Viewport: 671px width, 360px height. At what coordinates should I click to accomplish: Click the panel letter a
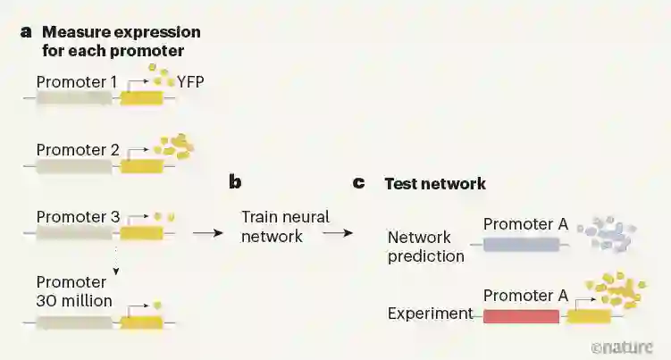(x=26, y=31)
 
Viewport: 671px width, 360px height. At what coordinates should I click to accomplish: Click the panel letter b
(x=236, y=183)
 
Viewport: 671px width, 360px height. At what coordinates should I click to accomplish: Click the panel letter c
(x=359, y=183)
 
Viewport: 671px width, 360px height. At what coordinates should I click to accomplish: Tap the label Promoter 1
(x=77, y=82)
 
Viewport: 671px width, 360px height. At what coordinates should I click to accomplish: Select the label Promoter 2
(x=78, y=149)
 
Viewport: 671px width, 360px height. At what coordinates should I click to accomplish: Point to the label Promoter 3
(x=78, y=216)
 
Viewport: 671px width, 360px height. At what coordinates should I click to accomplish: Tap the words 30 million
(x=74, y=300)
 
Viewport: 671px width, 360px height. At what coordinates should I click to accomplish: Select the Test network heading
(x=435, y=184)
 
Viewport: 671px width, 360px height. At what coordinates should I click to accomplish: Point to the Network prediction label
(x=425, y=247)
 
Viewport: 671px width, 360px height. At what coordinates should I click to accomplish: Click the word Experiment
(x=430, y=314)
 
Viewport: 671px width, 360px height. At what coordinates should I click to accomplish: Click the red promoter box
(x=521, y=315)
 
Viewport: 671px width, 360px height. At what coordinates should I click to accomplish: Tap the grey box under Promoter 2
(x=74, y=165)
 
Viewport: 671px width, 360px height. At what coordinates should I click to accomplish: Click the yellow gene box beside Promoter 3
(x=141, y=232)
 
